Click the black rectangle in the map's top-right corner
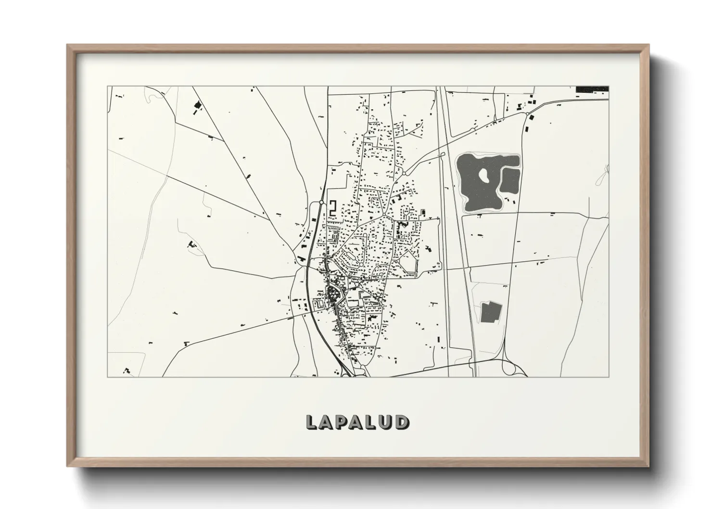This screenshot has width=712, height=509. tap(592, 89)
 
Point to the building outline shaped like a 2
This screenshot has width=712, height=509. tap(332, 208)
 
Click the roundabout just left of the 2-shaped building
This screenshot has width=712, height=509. tap(321, 203)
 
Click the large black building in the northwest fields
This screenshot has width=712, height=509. tap(196, 106)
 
